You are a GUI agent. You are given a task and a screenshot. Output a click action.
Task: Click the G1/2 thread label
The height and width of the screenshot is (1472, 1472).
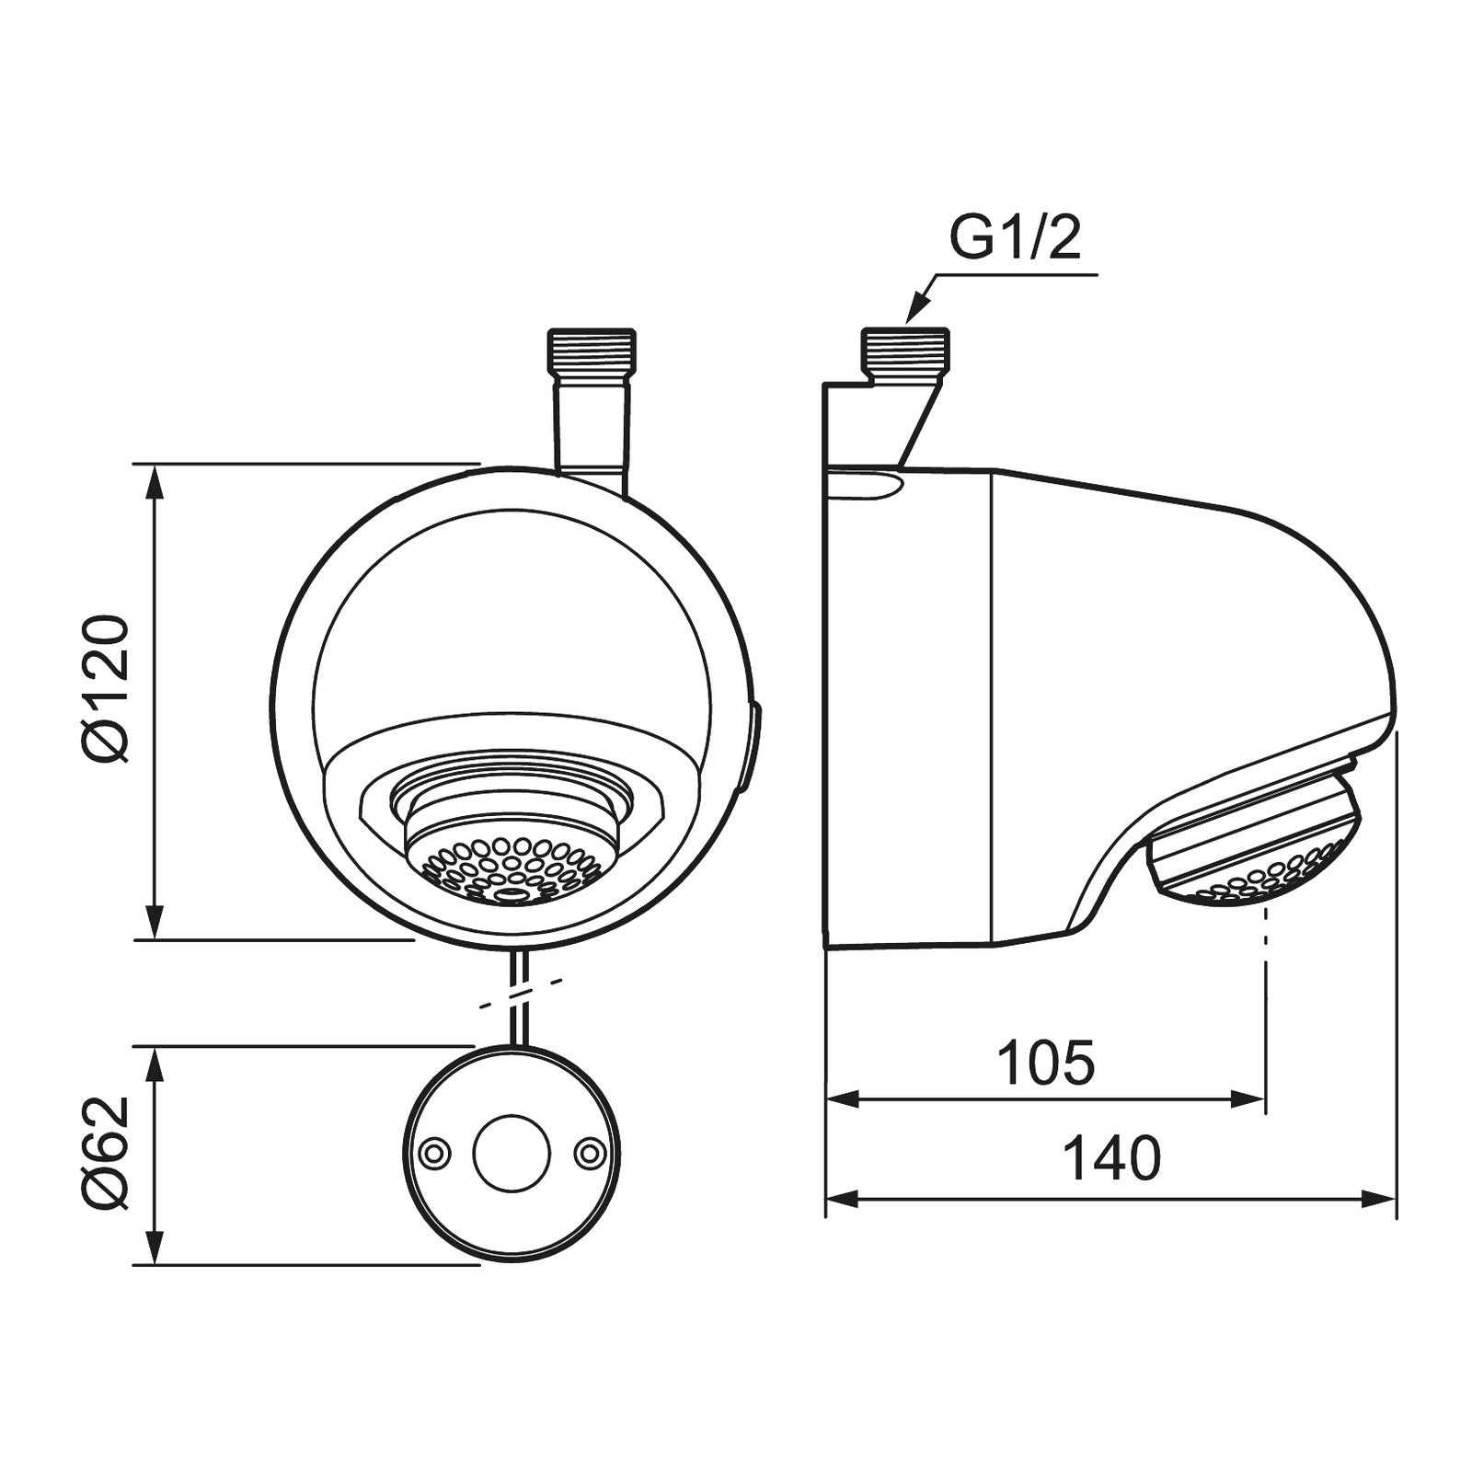click(1014, 238)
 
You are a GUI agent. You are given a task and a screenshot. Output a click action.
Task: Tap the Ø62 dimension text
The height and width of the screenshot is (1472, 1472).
click(102, 1154)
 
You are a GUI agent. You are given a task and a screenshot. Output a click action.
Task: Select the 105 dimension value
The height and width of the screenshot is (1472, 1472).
click(1046, 1063)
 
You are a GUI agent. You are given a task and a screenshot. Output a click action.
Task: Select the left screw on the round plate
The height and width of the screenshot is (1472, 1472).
click(432, 1153)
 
